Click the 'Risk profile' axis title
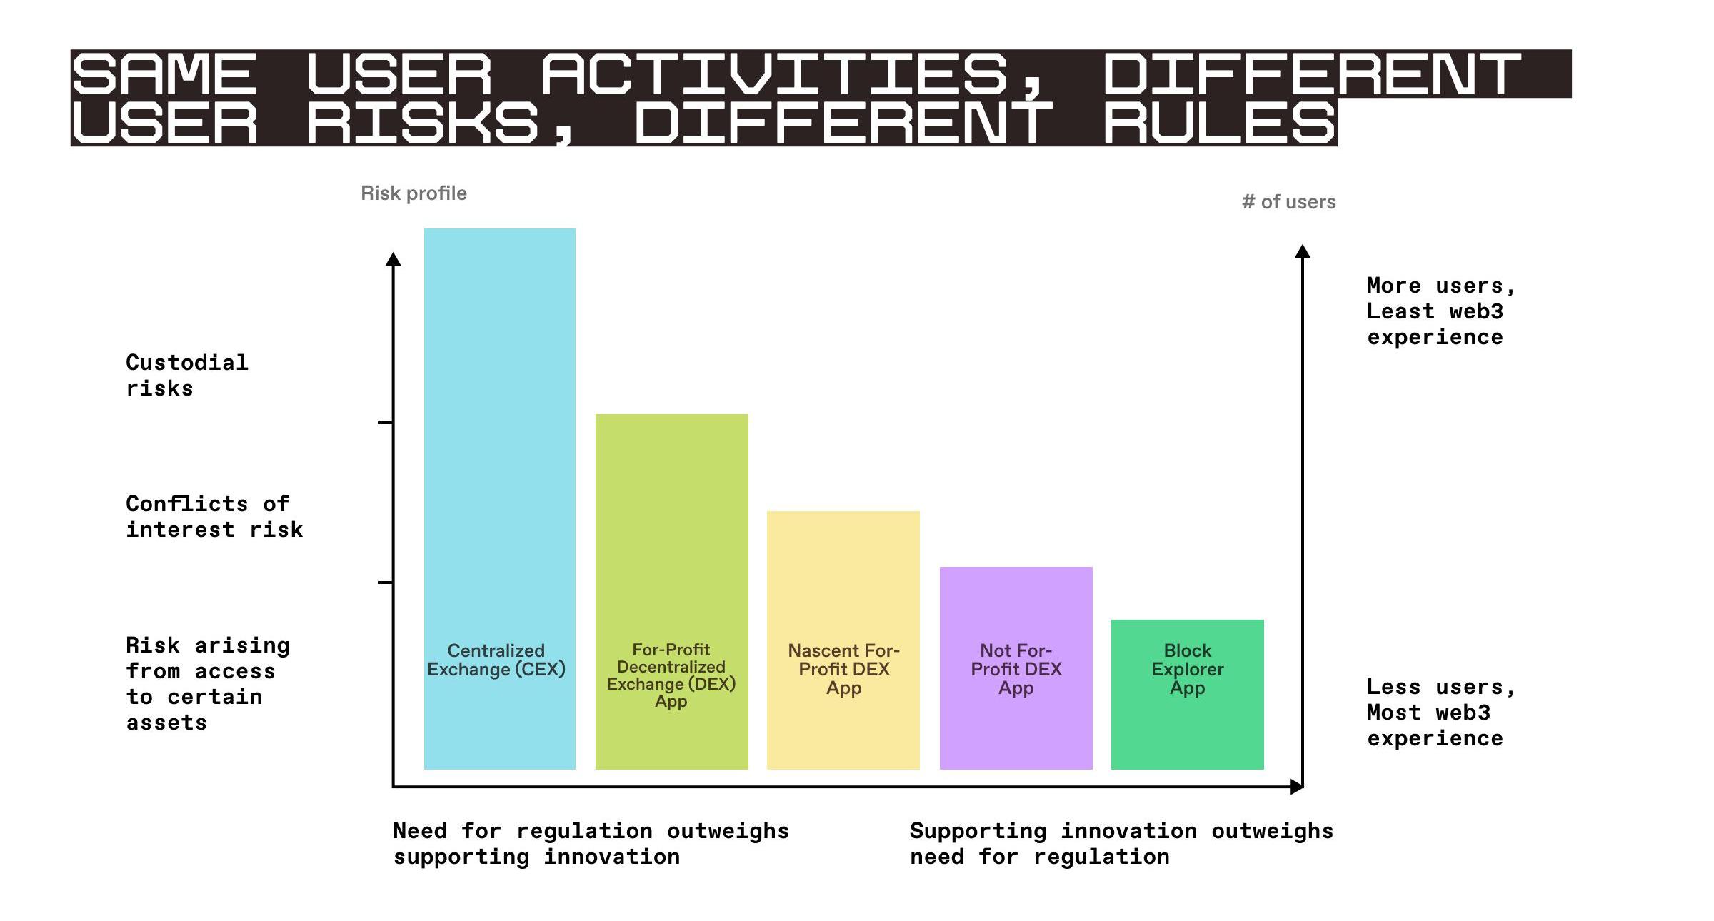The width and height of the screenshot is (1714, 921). pos(414,193)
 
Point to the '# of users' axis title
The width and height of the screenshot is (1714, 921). pos(1288,202)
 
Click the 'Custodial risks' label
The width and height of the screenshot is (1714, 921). pos(187,376)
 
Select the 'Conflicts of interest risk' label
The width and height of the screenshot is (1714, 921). pos(214,517)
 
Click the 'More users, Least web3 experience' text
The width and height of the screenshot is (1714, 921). pos(1440,311)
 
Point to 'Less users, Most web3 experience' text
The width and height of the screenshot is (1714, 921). pos(1440,713)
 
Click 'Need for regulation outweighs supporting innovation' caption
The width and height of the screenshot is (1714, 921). pos(591,844)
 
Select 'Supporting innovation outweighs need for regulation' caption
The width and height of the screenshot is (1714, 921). pos(1121,844)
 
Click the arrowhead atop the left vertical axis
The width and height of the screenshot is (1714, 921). pos(393,259)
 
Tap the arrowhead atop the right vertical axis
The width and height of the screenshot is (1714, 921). pos(1302,251)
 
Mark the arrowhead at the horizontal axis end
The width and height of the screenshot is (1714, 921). pos(1297,787)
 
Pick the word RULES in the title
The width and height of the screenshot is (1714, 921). pos(1218,122)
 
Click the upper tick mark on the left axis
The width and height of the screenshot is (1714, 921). pos(385,423)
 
